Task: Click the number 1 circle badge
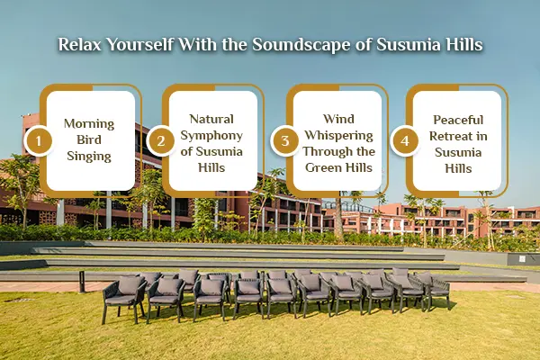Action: (x=37, y=140)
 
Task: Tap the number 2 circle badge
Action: (x=160, y=140)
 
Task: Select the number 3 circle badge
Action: (x=284, y=140)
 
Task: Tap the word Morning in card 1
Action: (x=91, y=124)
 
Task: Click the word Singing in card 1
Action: (x=91, y=157)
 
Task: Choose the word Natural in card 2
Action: (x=211, y=118)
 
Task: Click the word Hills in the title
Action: (x=458, y=44)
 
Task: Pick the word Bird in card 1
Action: (x=91, y=140)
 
